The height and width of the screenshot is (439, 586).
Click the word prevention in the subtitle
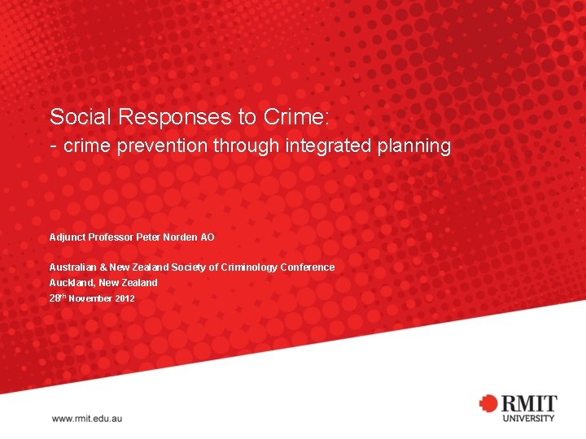[x=164, y=146]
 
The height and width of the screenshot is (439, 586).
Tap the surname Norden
[x=179, y=237]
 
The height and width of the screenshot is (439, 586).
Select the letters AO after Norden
[x=208, y=237]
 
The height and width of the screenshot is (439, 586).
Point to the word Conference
[x=308, y=267]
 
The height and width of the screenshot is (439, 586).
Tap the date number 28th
[x=57, y=298]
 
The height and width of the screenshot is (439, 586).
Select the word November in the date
[x=90, y=298]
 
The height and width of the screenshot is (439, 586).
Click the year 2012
[x=125, y=298]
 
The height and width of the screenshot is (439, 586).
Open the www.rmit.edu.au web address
[x=87, y=418]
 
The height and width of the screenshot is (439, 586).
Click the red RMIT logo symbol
[x=488, y=403]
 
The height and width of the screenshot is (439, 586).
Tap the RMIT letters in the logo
[x=528, y=403]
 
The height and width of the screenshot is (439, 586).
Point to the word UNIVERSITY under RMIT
[x=528, y=419]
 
